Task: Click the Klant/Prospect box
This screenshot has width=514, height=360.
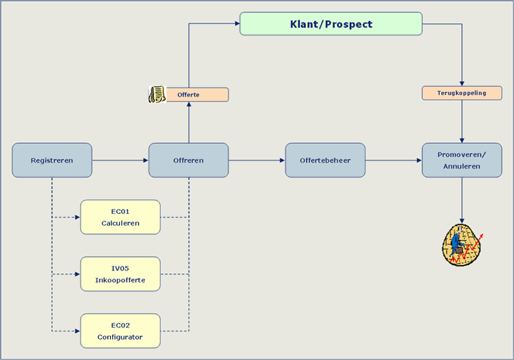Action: [331, 23]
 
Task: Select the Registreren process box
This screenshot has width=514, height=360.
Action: [52, 160]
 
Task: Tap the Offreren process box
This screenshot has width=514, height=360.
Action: [188, 160]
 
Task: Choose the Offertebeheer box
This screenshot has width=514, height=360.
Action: [325, 160]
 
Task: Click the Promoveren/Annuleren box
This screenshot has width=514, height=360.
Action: [462, 160]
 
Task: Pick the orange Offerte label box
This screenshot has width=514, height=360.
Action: [197, 95]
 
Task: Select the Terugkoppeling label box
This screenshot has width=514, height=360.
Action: [462, 93]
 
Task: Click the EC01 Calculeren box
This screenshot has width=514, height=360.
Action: [121, 217]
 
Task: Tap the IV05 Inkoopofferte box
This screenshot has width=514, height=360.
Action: [121, 274]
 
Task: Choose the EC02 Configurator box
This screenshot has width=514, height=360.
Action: [121, 331]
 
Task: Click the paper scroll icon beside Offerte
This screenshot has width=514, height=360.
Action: [158, 94]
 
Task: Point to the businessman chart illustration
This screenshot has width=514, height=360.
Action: [462, 245]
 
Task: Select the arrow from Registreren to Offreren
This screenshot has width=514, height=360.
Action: [121, 160]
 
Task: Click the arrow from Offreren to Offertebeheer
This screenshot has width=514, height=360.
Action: [257, 160]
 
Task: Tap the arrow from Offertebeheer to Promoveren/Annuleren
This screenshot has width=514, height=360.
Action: [393, 160]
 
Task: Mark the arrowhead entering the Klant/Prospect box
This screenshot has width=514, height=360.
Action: [237, 23]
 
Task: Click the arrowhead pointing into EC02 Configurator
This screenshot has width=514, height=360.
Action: [78, 331]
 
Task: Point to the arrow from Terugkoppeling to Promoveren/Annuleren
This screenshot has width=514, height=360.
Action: [462, 121]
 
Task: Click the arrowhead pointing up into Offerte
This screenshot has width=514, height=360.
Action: [189, 104]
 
